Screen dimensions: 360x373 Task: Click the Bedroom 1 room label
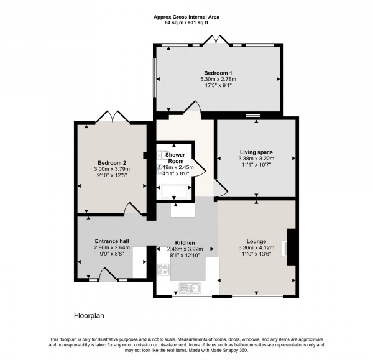[x=218, y=72]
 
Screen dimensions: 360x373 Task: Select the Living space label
[x=256, y=152]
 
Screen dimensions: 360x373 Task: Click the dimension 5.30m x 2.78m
[x=218, y=79]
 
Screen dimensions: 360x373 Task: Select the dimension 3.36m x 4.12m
[x=256, y=249]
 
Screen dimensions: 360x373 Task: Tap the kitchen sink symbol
[x=189, y=287]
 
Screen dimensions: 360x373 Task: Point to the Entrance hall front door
[x=106, y=274]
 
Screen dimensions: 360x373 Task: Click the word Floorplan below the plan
[x=89, y=316]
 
